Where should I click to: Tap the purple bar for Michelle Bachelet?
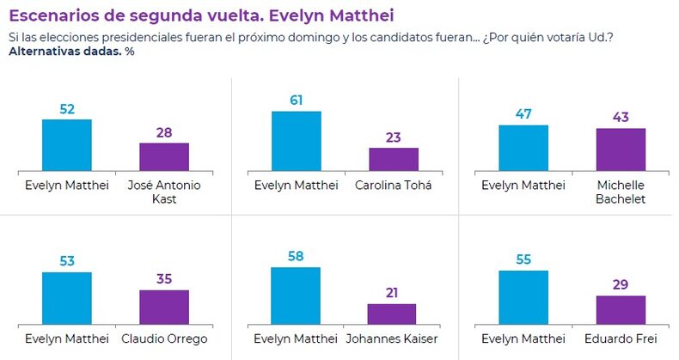tap(621, 151)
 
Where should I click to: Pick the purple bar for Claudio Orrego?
tap(164, 307)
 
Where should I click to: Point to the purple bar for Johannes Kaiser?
tap(391, 314)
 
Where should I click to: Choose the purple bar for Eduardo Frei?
tap(621, 310)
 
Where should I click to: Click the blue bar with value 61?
tap(296, 143)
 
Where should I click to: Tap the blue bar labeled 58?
tap(296, 296)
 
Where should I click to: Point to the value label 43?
tap(621, 116)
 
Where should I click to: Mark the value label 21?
tap(391, 292)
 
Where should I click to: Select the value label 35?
tap(164, 278)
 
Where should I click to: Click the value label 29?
tap(621, 284)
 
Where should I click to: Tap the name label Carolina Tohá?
tap(394, 186)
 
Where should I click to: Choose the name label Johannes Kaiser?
tap(391, 339)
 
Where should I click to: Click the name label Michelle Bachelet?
tap(621, 192)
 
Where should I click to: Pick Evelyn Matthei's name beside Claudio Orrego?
tap(66, 339)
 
